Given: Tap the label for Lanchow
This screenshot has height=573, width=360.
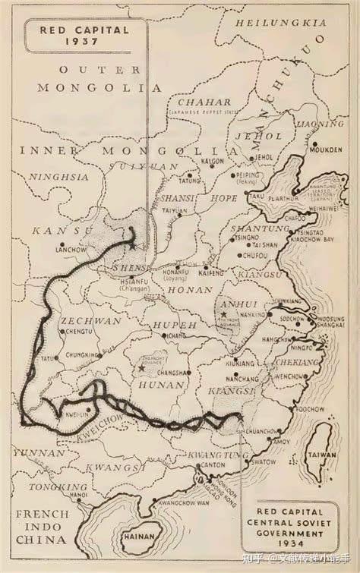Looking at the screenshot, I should (x=74, y=249).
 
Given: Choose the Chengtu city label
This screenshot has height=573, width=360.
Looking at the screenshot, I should (x=80, y=331).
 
